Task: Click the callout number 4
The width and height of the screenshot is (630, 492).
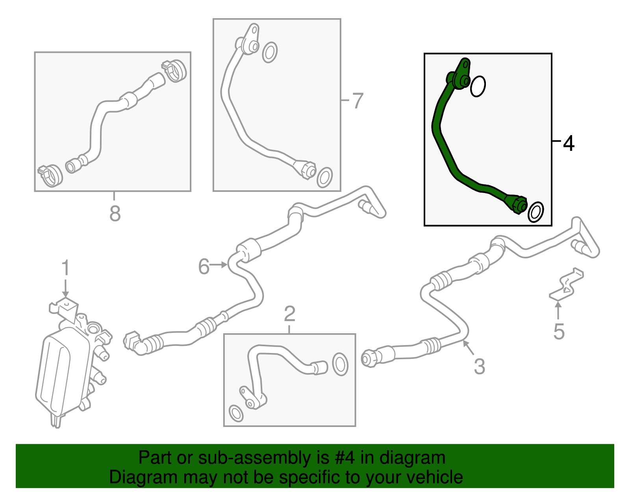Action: (569, 143)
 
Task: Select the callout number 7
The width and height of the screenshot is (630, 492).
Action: (358, 100)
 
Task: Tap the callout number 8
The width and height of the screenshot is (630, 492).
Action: (115, 214)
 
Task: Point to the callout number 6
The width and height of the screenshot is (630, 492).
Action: (204, 266)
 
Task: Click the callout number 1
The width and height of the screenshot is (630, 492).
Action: (66, 267)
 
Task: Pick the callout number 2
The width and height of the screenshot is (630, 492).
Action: (290, 314)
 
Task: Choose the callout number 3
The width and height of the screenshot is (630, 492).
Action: (480, 366)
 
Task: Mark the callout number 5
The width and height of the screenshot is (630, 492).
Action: (559, 331)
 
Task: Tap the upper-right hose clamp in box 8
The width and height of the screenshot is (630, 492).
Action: (174, 71)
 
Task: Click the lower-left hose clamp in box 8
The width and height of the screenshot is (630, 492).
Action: (50, 176)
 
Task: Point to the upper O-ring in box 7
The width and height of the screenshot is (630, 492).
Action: (270, 52)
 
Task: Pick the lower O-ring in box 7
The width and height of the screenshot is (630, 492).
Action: (325, 177)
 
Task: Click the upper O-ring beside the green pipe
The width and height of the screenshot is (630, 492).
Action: (478, 86)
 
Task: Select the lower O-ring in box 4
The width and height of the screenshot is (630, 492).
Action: (535, 212)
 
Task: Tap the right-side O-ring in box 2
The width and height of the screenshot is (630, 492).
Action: (340, 364)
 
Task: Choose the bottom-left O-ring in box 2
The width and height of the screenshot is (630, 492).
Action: (236, 414)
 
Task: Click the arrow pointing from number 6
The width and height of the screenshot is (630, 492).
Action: (218, 265)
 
